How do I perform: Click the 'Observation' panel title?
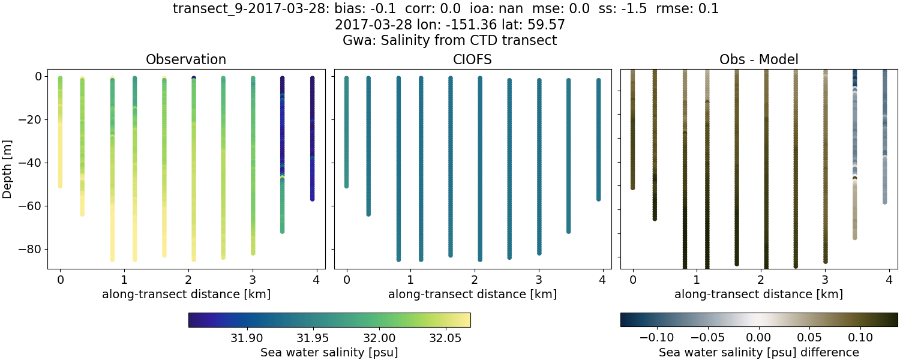tap(186, 59)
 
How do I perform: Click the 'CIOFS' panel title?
tap(472, 59)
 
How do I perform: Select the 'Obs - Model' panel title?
tap(758, 59)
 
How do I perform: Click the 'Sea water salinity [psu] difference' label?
tap(759, 352)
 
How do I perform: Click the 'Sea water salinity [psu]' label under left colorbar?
tap(329, 352)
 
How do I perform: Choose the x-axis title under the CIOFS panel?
tap(472, 295)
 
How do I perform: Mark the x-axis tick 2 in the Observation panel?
tap(188, 280)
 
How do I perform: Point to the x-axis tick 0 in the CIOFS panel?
tap(346, 280)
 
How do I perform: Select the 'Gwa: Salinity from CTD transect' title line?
tap(449, 41)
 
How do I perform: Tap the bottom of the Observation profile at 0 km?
tap(60, 185)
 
